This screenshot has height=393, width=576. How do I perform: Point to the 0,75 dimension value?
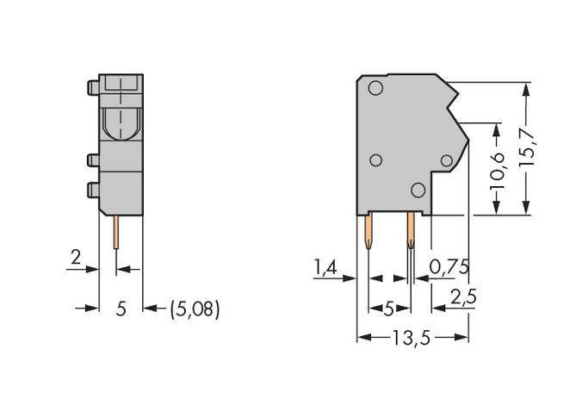[x=449, y=268]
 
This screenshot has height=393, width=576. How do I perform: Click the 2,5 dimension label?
[x=462, y=297]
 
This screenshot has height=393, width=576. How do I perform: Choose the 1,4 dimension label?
[x=325, y=268]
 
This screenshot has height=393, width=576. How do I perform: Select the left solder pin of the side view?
[x=369, y=232]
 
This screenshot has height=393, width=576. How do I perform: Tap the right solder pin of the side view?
[x=411, y=232]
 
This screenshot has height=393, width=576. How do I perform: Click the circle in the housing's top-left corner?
[x=375, y=88]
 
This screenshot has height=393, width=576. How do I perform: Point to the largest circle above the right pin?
[x=418, y=190]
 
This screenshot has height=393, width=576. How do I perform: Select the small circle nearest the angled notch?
[x=447, y=160]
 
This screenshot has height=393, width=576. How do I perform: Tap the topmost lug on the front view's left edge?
[x=91, y=87]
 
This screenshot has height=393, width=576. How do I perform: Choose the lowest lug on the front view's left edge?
[x=91, y=190]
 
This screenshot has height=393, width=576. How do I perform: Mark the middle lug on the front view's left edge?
[x=91, y=159]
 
